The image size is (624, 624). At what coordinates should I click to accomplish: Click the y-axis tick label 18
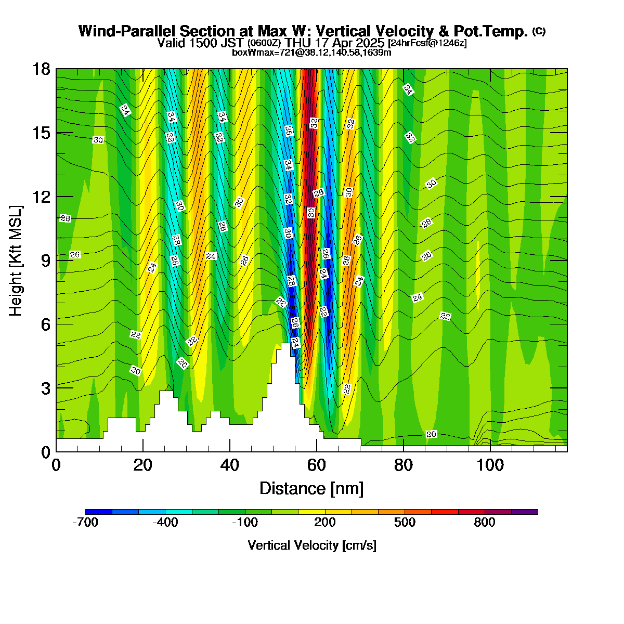(x=41, y=69)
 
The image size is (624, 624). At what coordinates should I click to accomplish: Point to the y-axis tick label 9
(x=46, y=261)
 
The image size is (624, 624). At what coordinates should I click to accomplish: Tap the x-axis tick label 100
(x=490, y=466)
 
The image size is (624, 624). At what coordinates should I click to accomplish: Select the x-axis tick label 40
(x=230, y=466)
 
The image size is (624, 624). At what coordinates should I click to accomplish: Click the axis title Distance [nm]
(x=311, y=489)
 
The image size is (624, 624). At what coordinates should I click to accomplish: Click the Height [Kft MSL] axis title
(x=16, y=261)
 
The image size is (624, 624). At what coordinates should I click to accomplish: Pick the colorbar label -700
(x=85, y=522)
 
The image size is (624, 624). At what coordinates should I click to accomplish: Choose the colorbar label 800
(x=485, y=522)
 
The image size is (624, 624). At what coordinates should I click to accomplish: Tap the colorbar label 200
(x=325, y=522)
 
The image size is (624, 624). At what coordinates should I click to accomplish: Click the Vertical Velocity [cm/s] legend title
(x=312, y=545)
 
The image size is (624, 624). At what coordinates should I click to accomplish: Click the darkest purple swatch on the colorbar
(x=525, y=512)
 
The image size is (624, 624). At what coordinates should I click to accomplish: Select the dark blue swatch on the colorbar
(x=99, y=512)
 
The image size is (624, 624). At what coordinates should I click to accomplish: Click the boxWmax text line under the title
(x=311, y=53)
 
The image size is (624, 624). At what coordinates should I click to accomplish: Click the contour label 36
(x=289, y=131)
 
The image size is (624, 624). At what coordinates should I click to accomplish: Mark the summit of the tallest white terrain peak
(x=285, y=343)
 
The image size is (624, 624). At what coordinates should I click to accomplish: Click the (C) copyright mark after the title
(x=539, y=31)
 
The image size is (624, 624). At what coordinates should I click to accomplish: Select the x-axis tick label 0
(x=56, y=466)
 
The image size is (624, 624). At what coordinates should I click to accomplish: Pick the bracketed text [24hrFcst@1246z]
(x=427, y=43)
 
